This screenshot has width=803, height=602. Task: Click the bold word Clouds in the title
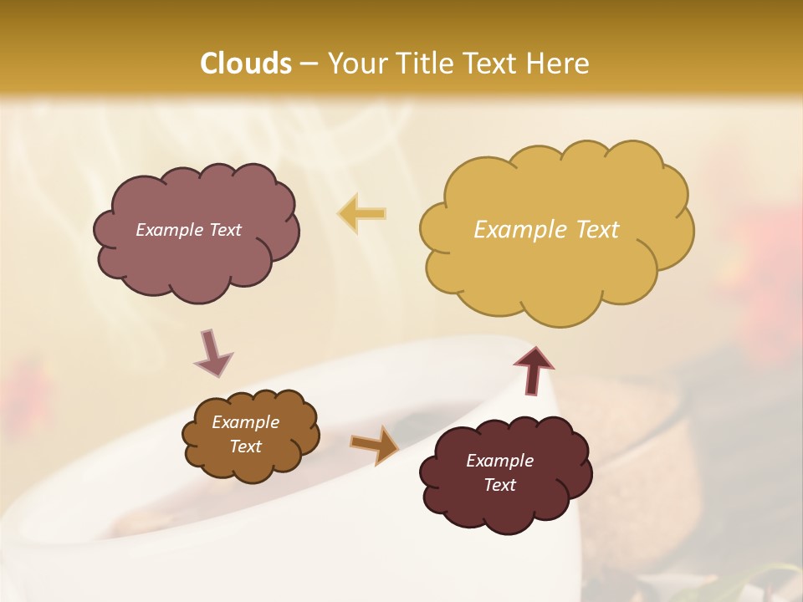pos(246,64)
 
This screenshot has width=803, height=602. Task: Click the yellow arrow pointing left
pos(362,214)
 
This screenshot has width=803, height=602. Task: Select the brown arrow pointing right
pos(375,445)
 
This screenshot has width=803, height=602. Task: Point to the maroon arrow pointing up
pos(534,369)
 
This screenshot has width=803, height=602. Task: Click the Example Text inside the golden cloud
pos(546,230)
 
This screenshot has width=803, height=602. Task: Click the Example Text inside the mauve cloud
pos(188,230)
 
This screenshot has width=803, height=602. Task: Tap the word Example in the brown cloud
pos(245,422)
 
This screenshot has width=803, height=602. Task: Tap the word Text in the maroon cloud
pos(499,485)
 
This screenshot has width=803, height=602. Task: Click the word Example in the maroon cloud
pos(499,461)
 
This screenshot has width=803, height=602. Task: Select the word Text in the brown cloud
pos(245,446)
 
